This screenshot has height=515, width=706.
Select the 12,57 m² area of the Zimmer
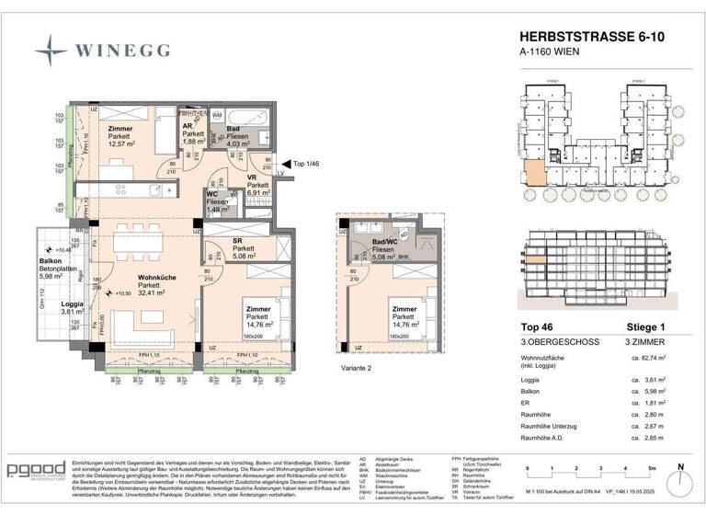coord(122,143)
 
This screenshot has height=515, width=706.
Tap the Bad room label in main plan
coord(233,130)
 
